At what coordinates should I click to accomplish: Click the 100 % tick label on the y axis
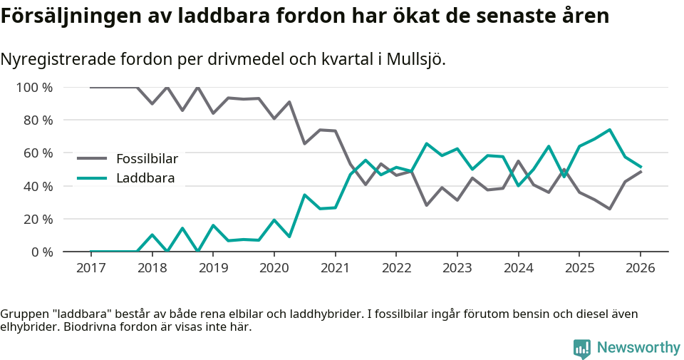coord(34,88)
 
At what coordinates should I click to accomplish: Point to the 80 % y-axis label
coord(37,120)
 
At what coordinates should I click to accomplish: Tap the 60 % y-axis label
coord(37,153)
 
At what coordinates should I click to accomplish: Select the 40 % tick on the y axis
coord(37,186)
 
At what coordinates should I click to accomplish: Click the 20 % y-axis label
coord(37,219)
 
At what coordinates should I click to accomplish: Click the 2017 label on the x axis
coord(90,268)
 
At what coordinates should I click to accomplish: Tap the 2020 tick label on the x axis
coord(274,268)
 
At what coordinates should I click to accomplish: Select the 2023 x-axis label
coord(457,268)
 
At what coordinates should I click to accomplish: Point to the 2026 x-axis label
coord(640,268)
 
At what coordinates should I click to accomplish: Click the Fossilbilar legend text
coord(147,158)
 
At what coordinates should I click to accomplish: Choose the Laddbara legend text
coord(145,178)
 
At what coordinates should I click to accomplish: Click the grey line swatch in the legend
coord(92,158)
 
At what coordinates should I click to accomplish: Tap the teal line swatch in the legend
coord(92,178)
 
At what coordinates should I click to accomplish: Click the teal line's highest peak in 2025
coord(609,130)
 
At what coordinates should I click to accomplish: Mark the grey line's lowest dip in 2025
coord(609,209)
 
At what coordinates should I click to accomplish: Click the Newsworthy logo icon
coord(582,348)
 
